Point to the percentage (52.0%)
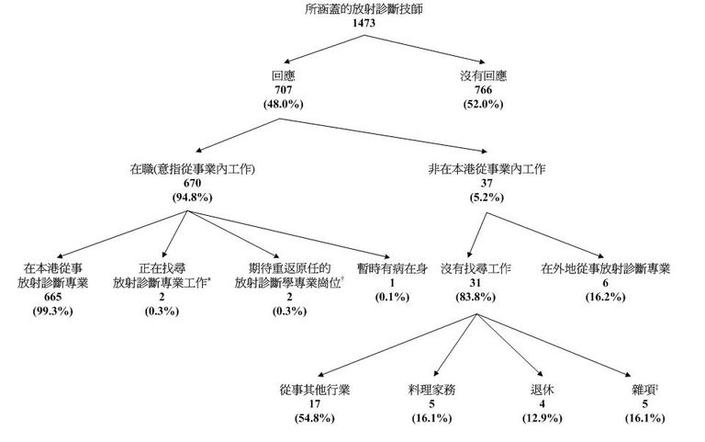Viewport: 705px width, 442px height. point(487,105)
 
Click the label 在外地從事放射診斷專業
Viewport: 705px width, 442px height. point(605,270)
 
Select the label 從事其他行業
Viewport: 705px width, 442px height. point(315,390)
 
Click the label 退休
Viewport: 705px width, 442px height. point(543,390)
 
